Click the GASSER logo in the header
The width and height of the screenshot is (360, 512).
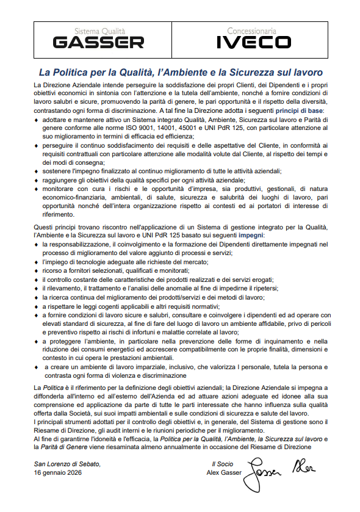tap(98, 42)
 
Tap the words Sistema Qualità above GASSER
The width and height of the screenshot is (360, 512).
tap(99, 30)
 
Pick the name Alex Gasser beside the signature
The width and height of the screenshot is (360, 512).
tap(224, 472)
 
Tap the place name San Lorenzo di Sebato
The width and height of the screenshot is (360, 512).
tap(67, 464)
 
